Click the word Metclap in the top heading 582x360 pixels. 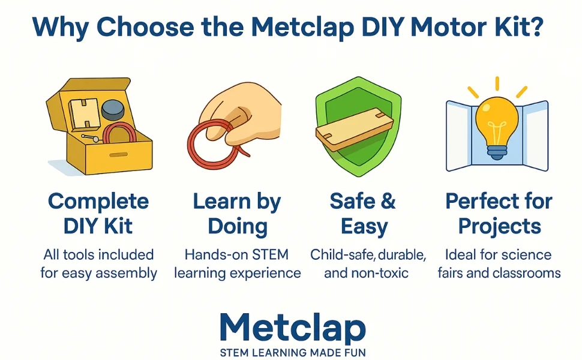pyautogui.click(x=302, y=28)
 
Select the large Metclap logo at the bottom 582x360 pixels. pyautogui.click(x=292, y=328)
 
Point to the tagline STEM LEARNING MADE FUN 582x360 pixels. pyautogui.click(x=293, y=352)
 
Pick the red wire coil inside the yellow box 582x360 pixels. pyautogui.click(x=119, y=134)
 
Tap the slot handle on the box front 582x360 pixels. pyautogui.click(x=118, y=154)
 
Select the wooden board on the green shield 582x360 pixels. pyautogui.click(x=354, y=130)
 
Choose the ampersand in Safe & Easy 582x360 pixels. pyautogui.click(x=388, y=201)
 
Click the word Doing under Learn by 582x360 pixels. pyautogui.click(x=238, y=226)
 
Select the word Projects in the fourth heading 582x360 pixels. pyautogui.click(x=500, y=226)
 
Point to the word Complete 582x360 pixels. pyautogui.click(x=98, y=202)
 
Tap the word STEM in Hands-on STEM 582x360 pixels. pyautogui.click(x=270, y=255)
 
